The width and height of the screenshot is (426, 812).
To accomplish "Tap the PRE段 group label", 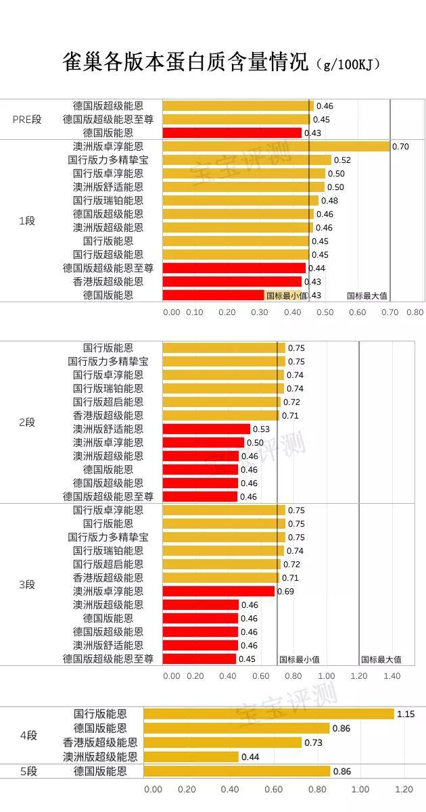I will coord(27,119).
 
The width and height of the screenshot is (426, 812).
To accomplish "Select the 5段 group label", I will coord(28,771).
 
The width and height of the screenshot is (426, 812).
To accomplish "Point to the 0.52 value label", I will coord(342,160).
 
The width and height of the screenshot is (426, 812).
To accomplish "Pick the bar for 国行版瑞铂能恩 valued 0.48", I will coord(240,201).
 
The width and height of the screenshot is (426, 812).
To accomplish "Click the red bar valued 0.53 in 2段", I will coord(206,429).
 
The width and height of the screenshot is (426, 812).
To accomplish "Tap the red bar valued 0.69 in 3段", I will coord(218,592).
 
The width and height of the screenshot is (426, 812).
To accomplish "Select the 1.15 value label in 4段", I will coord(406,714).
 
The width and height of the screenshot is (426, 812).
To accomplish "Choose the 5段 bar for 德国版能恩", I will coord(237,771).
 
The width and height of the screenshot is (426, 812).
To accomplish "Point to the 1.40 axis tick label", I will coord(392,676).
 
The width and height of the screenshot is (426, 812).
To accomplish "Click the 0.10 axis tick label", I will coord(195,312).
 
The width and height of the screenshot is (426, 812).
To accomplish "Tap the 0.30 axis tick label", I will coord(259,312).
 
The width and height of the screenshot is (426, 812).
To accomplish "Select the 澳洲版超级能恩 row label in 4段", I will coord(100,757).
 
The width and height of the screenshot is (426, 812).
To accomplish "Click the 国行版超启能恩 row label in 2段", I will coord(108,402).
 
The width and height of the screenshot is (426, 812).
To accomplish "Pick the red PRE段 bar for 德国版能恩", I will coord(232,133).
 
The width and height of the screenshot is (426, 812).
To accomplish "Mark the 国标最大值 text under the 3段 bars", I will coord(381,660).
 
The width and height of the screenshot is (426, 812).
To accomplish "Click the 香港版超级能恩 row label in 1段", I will coord(108,282).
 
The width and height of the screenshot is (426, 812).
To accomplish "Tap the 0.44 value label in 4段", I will coord(250,757).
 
